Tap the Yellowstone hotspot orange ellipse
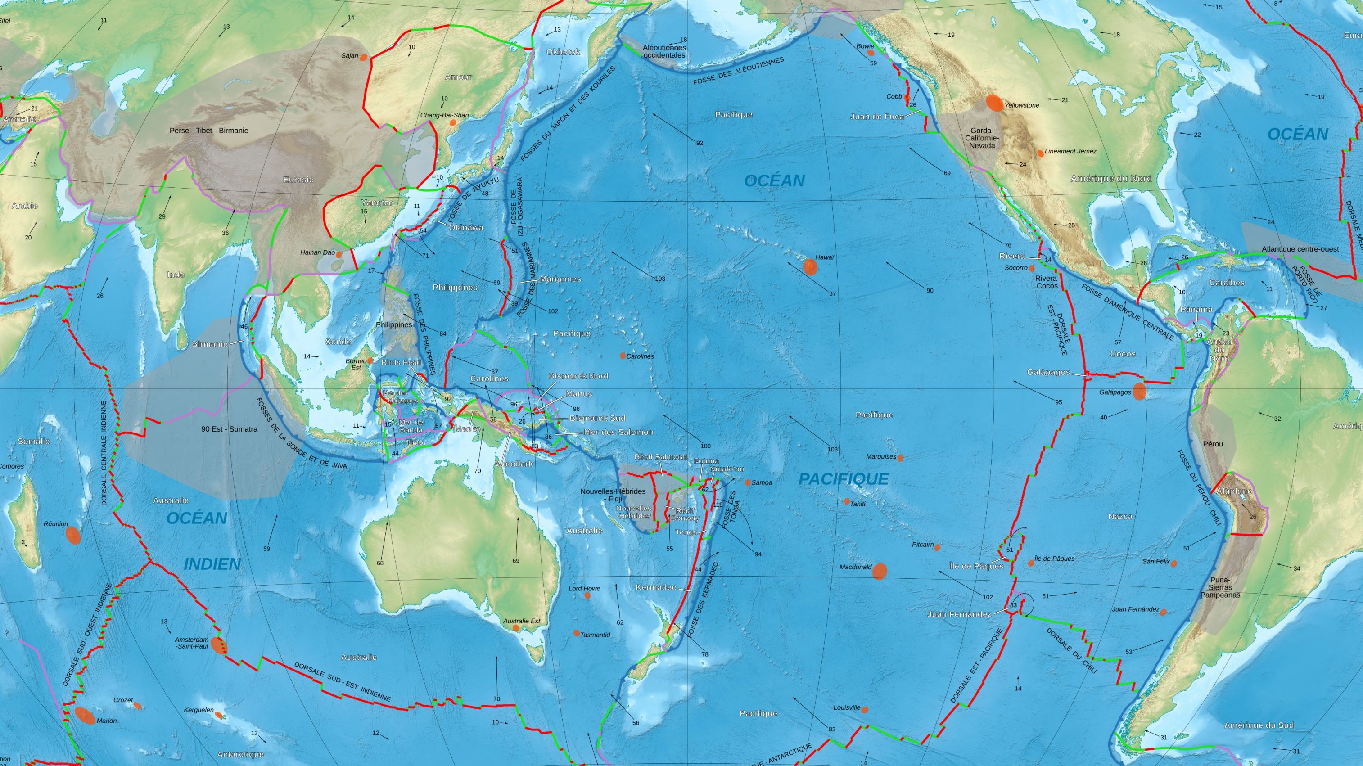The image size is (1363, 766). click(994, 103)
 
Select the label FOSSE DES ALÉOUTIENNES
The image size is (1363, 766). click(738, 72)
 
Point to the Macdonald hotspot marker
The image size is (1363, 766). click(880, 571)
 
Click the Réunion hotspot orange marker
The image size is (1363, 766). click(73, 536)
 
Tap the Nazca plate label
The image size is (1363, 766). click(1120, 516)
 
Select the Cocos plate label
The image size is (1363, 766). click(1122, 353)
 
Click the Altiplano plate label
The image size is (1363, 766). click(1234, 491)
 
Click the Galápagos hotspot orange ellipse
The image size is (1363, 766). click(1140, 391)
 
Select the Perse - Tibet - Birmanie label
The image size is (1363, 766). click(208, 131)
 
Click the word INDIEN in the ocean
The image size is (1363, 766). click(212, 564)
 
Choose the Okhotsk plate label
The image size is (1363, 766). click(563, 52)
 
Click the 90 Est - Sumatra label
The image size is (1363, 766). click(229, 429)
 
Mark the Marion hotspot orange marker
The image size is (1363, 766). click(85, 715)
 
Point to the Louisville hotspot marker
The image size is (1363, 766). click(865, 709)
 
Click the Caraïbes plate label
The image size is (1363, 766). click(1227, 283)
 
